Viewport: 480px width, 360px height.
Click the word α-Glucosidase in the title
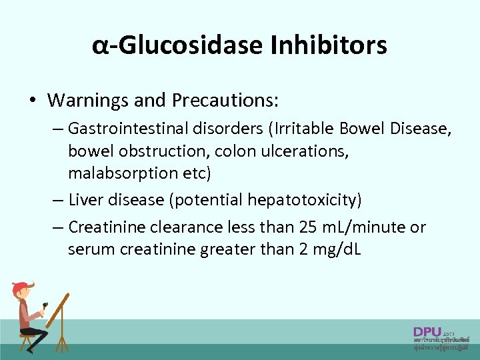[177, 45]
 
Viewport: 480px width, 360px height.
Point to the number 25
[307, 227]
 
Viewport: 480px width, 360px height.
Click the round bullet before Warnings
[32, 101]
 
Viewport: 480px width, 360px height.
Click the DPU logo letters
[427, 331]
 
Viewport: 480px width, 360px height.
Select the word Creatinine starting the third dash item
[109, 227]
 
